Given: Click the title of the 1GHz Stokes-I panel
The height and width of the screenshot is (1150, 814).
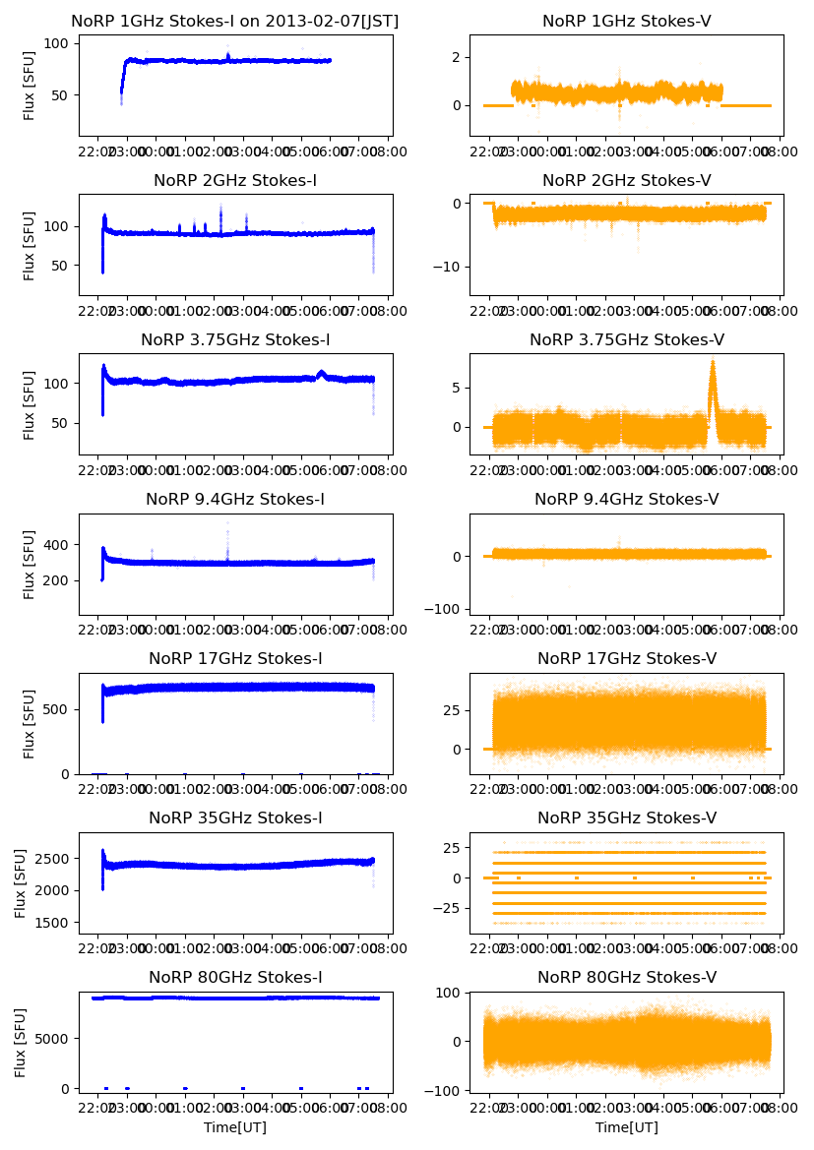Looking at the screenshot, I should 235,21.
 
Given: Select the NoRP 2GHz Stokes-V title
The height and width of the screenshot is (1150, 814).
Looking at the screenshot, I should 627,180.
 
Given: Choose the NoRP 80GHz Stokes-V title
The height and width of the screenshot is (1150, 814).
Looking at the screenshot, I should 627,977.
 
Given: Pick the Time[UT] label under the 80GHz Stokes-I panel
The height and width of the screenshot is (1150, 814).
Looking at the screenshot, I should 235,1127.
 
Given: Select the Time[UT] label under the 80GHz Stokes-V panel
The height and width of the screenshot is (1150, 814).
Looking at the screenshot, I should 627,1127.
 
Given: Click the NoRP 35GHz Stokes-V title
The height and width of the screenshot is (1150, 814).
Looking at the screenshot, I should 627,817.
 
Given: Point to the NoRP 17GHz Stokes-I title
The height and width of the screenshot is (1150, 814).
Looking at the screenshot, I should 235,658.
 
